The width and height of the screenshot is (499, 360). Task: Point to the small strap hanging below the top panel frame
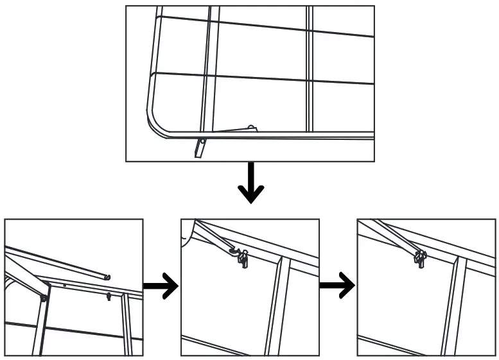(x=200, y=148)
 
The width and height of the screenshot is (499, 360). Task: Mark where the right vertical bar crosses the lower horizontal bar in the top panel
(x=310, y=81)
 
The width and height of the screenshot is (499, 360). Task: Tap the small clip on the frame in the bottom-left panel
(x=109, y=296)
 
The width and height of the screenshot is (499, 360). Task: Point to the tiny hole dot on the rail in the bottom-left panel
(x=64, y=284)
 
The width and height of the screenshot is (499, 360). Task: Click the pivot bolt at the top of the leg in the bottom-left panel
(x=44, y=298)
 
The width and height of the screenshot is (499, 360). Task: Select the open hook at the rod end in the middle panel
(x=236, y=252)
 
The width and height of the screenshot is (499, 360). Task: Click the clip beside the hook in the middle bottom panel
(x=244, y=260)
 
